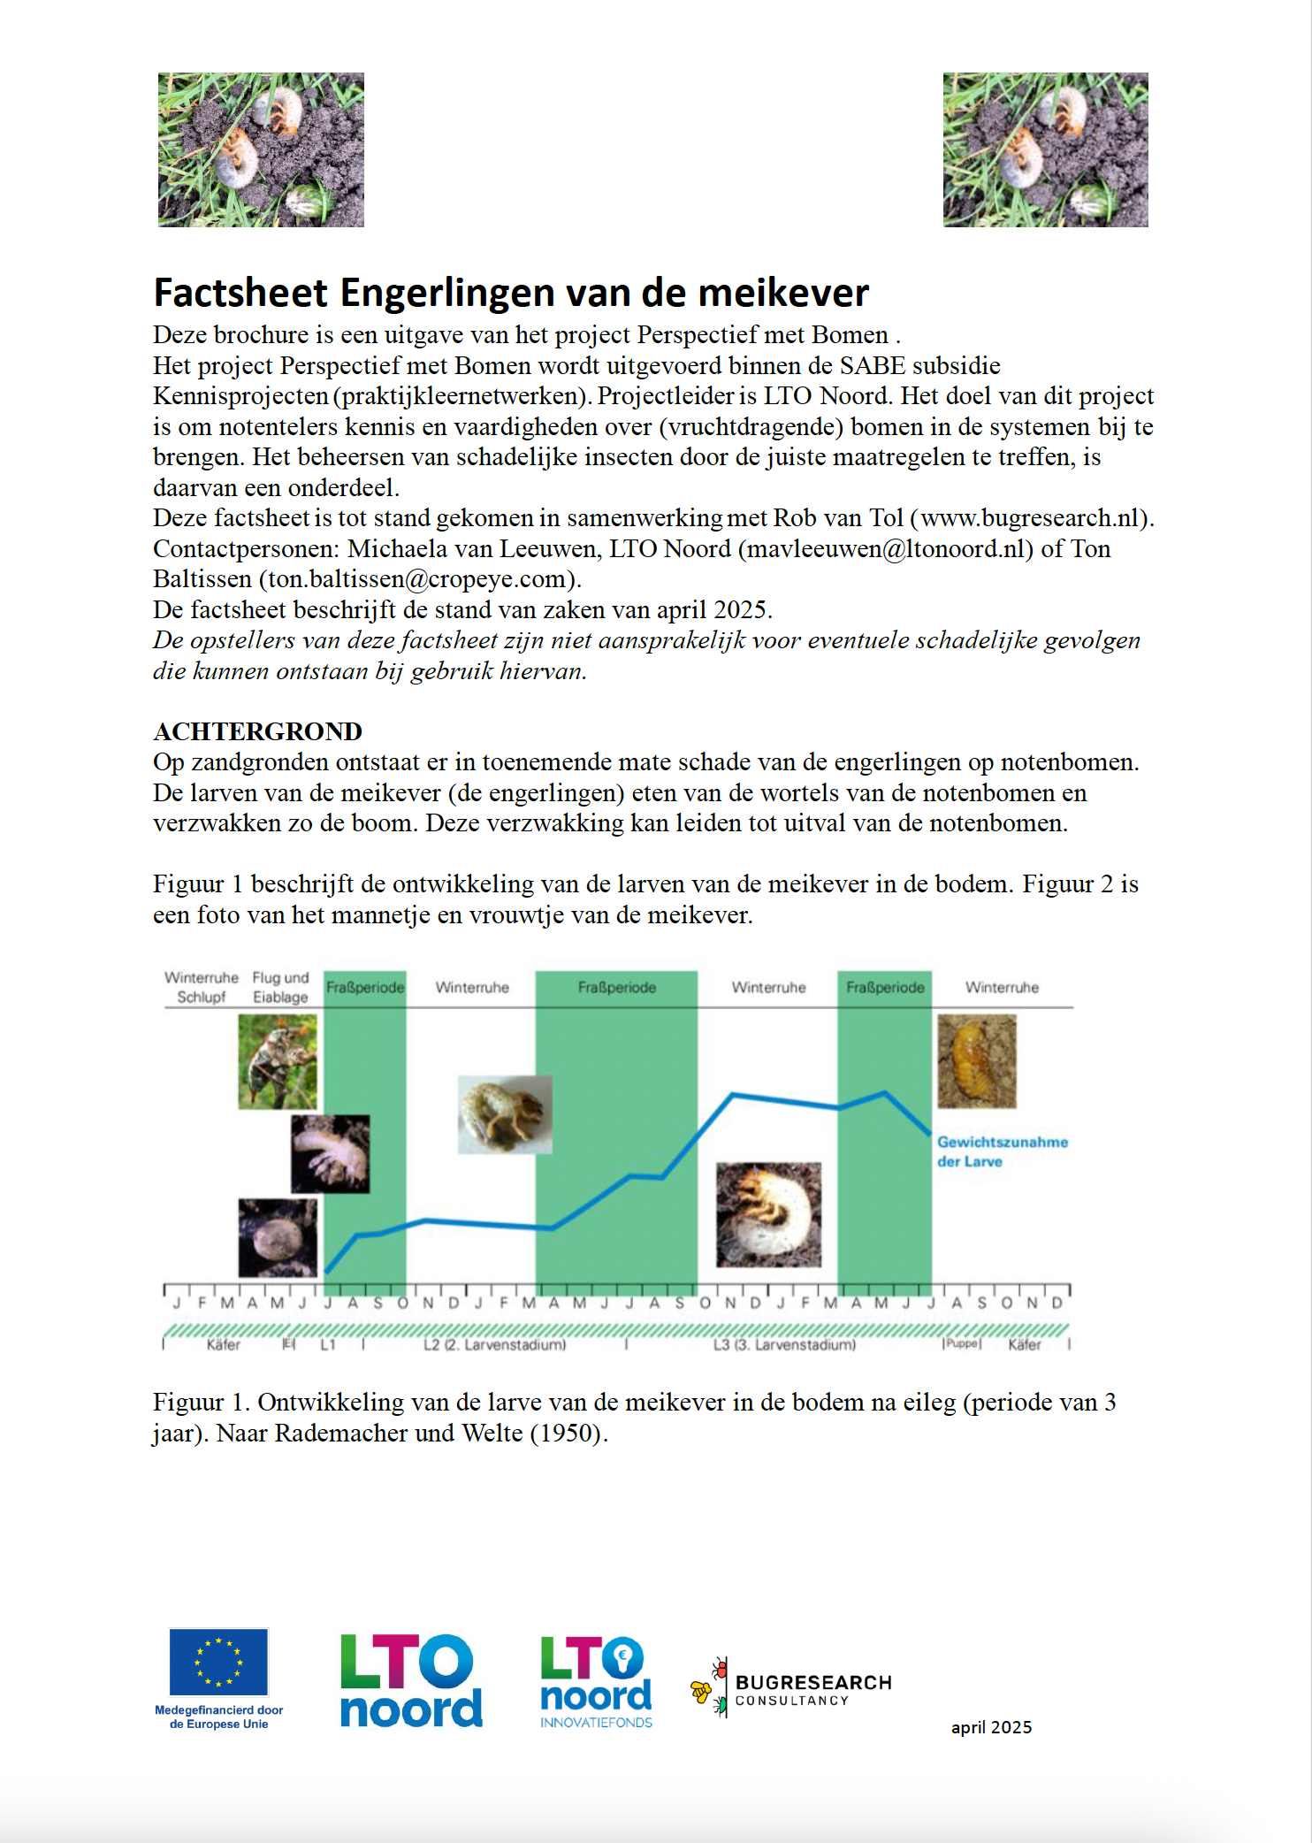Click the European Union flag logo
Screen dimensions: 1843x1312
[218, 1662]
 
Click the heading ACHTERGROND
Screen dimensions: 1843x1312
[257, 731]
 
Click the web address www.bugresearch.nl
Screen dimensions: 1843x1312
[1028, 518]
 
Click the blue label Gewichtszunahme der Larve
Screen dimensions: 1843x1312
[1002, 1151]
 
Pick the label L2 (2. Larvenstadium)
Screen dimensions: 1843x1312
[494, 1345]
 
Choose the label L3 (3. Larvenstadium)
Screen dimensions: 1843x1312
[784, 1345]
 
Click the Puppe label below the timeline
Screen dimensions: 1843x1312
[962, 1344]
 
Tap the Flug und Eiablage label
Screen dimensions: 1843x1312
[280, 987]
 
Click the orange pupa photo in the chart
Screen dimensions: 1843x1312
[977, 1061]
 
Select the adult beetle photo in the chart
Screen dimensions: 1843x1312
[278, 1061]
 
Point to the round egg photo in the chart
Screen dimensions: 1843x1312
[278, 1237]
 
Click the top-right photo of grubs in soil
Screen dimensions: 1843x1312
[1045, 149]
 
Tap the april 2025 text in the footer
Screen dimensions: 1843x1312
[991, 1727]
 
